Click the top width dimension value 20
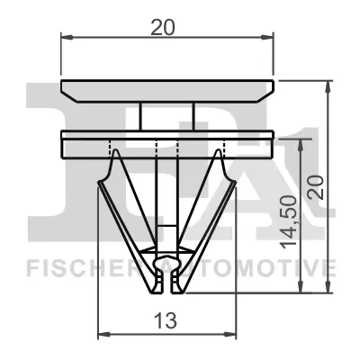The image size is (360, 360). (x=162, y=28)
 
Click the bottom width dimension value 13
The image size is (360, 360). (x=165, y=320)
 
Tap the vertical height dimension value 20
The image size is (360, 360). (x=316, y=187)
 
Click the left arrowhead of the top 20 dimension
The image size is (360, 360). (x=67, y=37)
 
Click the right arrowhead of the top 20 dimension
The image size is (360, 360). (x=267, y=37)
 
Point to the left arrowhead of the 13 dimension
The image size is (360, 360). (x=104, y=334)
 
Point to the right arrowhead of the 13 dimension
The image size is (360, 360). (x=230, y=334)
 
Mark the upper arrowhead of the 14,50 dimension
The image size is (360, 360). (x=300, y=146)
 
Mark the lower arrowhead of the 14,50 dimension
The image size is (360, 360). (x=300, y=286)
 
